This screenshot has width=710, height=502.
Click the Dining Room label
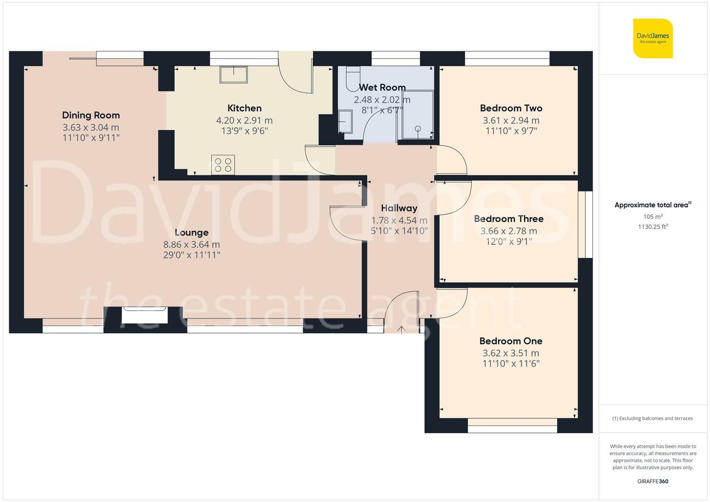click(x=91, y=115)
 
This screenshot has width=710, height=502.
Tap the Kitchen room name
click(x=245, y=108)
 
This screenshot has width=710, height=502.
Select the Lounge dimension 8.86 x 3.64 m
click(x=192, y=244)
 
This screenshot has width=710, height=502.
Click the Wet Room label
click(x=382, y=87)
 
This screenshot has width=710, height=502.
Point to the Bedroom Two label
click(x=511, y=108)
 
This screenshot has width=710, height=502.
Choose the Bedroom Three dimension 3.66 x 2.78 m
click(x=509, y=231)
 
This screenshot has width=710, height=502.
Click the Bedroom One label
click(x=511, y=341)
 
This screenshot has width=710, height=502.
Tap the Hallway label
click(x=399, y=208)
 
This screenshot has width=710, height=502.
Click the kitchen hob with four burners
click(x=223, y=165)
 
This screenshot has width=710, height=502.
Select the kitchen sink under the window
click(x=233, y=74)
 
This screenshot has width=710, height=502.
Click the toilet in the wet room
click(x=353, y=79)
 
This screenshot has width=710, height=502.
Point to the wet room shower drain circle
click(x=418, y=128)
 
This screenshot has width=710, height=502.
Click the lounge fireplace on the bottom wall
click(x=145, y=315)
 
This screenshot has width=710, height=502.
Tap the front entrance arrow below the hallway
click(x=401, y=330)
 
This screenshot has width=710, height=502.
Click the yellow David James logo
click(x=653, y=38)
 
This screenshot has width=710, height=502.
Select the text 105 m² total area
click(x=653, y=217)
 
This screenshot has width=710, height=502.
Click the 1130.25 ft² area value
click(x=653, y=227)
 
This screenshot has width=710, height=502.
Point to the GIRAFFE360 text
click(x=653, y=481)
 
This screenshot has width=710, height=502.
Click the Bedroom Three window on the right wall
click(x=585, y=225)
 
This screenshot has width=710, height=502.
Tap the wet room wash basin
click(x=345, y=121)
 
